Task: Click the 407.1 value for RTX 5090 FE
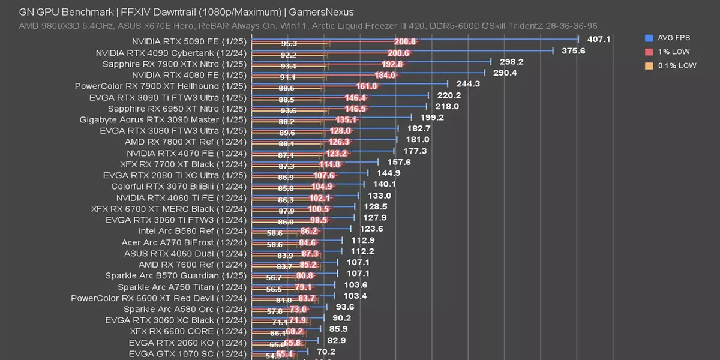click(598, 39)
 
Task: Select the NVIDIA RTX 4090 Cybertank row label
click(171, 53)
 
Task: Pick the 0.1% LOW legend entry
click(676, 65)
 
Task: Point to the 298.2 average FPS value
click(511, 62)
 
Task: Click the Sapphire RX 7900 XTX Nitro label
click(174, 64)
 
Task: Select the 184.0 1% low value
click(385, 75)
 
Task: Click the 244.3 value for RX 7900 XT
click(468, 84)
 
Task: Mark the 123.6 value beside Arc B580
click(371, 229)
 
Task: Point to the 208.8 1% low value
click(405, 41)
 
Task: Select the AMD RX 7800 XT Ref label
click(185, 142)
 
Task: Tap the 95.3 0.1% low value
click(289, 44)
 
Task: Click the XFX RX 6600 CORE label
click(188, 331)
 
